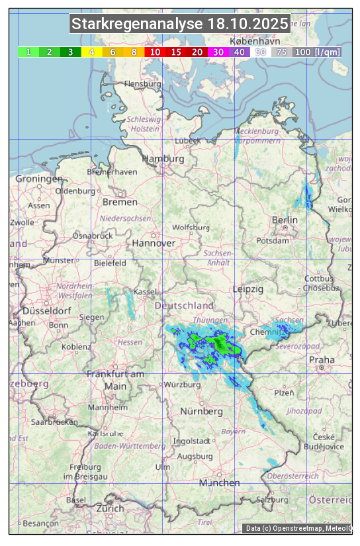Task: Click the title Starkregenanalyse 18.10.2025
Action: click(180, 24)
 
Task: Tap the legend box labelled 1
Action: click(28, 52)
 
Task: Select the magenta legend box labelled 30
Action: click(218, 52)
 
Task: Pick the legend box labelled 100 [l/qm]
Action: click(318, 52)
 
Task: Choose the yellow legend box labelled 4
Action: click(92, 52)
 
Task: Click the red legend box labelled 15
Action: click(176, 52)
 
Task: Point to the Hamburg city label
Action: click(163, 159)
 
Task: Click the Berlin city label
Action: click(285, 220)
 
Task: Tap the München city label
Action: click(220, 483)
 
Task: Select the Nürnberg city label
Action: click(202, 412)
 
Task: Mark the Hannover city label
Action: click(154, 244)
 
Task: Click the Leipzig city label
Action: click(248, 290)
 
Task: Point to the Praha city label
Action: click(322, 360)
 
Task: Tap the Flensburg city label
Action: click(142, 85)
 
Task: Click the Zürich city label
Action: click(109, 509)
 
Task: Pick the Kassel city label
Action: click(144, 292)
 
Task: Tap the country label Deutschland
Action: click(184, 306)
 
